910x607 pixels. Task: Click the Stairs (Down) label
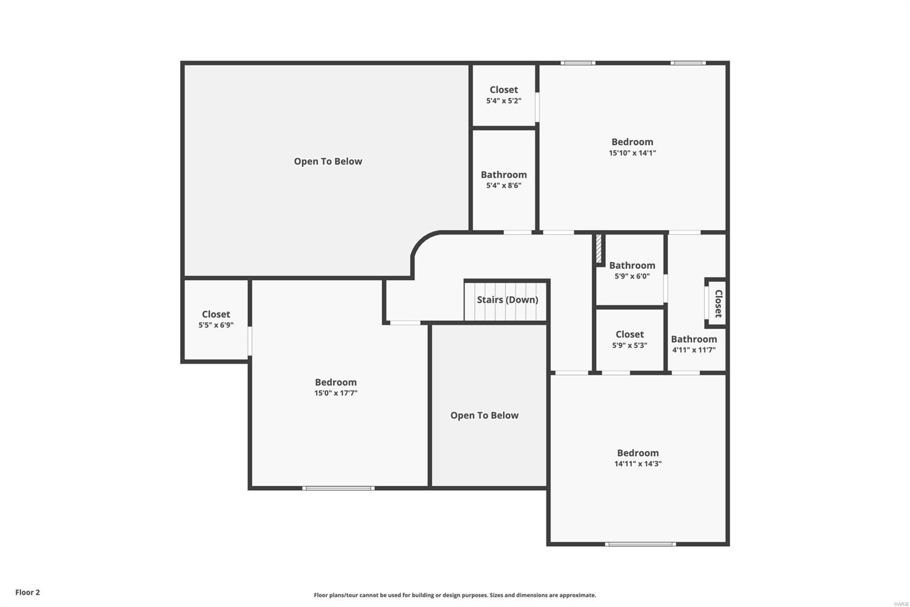pyautogui.click(x=507, y=300)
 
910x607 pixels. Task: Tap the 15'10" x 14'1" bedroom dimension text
pyautogui.click(x=632, y=153)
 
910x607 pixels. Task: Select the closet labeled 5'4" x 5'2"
pyautogui.click(x=504, y=95)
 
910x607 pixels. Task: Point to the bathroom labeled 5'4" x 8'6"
pyautogui.click(x=504, y=179)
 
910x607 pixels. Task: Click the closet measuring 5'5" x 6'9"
pyautogui.click(x=216, y=319)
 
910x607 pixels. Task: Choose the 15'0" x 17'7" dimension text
pyautogui.click(x=336, y=393)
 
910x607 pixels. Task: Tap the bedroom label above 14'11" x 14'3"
pyautogui.click(x=638, y=453)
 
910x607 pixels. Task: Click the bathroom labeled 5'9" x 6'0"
pyautogui.click(x=632, y=270)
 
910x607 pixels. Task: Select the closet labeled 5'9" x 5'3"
pyautogui.click(x=630, y=339)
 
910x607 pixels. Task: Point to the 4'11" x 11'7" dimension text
pyautogui.click(x=694, y=350)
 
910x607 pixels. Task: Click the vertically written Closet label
pyautogui.click(x=718, y=303)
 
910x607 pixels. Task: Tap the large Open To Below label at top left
pyautogui.click(x=328, y=161)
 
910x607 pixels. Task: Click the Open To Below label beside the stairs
pyautogui.click(x=485, y=415)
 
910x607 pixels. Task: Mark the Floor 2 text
pyautogui.click(x=27, y=592)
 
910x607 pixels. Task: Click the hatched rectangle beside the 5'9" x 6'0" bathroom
pyautogui.click(x=599, y=249)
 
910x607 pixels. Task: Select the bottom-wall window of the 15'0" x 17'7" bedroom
pyautogui.click(x=338, y=488)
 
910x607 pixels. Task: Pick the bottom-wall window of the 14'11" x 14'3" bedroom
pyautogui.click(x=640, y=544)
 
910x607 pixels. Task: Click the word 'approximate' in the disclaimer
pyautogui.click(x=577, y=595)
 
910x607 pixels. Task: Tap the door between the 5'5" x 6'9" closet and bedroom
pyautogui.click(x=250, y=341)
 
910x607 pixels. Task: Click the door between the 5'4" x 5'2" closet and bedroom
pyautogui.click(x=537, y=107)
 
